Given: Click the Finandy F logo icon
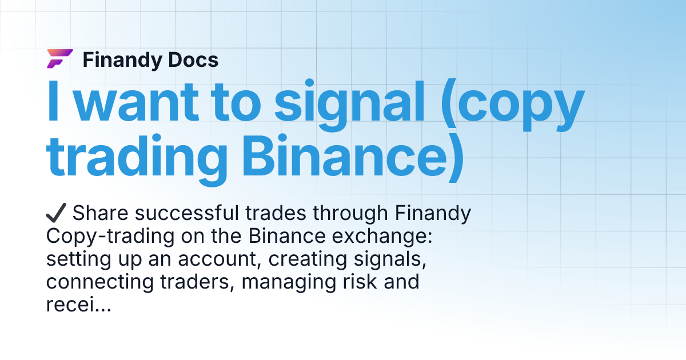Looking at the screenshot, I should click(59, 59).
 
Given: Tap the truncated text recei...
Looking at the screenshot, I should click(77, 305).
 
